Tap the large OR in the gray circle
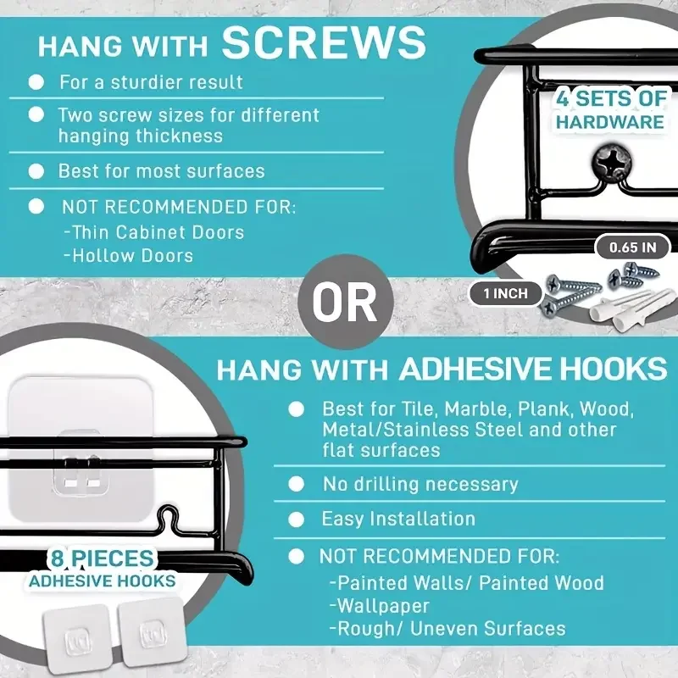tap(345, 303)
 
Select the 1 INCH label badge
tap(505, 293)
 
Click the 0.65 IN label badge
tap(632, 247)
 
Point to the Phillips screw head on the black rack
tap(611, 163)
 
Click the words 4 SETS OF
tap(611, 98)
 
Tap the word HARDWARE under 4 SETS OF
tap(609, 122)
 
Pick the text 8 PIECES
tap(103, 559)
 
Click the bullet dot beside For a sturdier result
tap(36, 81)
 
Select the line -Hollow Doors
tap(129, 256)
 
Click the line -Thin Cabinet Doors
tap(154, 232)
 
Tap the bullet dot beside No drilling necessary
tap(296, 484)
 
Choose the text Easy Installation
tap(398, 519)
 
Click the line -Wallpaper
tap(379, 606)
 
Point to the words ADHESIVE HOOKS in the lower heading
tap(533, 369)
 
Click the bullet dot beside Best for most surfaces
tap(36, 171)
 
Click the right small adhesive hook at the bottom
tap(153, 631)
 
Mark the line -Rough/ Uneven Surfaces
tap(447, 629)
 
